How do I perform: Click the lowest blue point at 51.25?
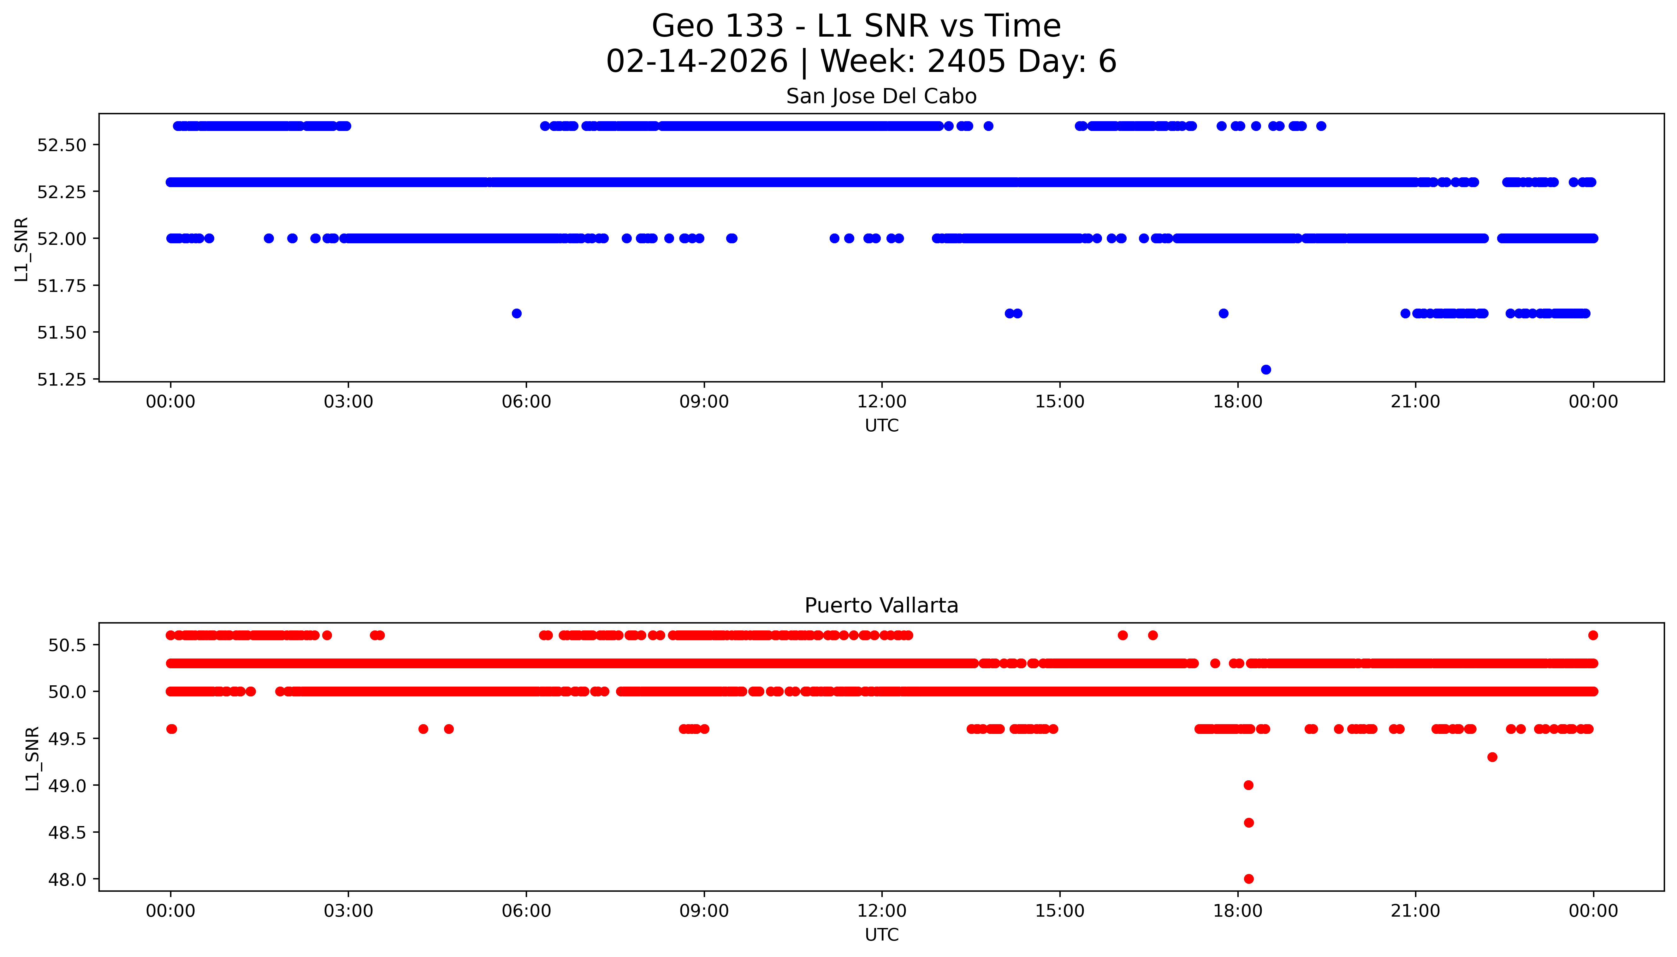point(1265,369)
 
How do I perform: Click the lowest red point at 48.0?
point(1248,879)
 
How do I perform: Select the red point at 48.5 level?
point(1248,822)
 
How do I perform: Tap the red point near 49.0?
point(1248,785)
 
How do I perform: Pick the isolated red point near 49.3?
point(1492,757)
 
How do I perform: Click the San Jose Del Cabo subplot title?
point(881,97)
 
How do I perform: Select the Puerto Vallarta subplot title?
point(881,606)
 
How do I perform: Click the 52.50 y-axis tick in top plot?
point(62,145)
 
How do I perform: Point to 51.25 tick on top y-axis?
point(62,380)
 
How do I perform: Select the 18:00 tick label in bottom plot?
point(1237,911)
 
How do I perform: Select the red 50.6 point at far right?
point(1592,635)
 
